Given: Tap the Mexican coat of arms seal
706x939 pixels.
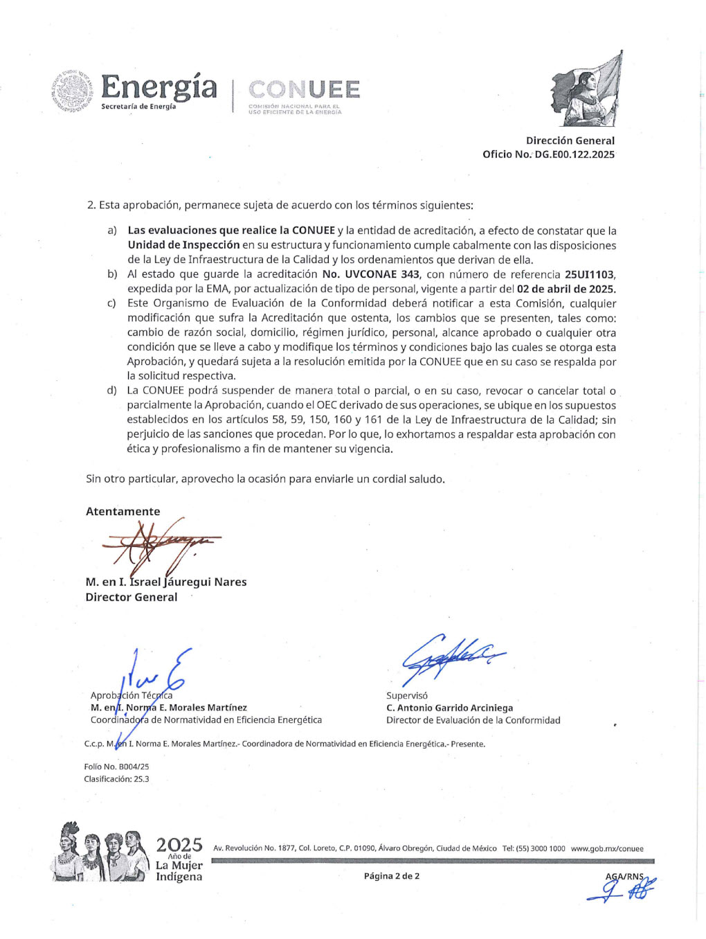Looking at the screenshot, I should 72,91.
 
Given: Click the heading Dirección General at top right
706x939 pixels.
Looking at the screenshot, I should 570,141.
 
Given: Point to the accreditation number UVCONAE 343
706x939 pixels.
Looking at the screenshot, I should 371,274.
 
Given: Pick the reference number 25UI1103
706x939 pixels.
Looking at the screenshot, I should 590,274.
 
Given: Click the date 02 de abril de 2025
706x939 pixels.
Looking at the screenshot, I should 566,289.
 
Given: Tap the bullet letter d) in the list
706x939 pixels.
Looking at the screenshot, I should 111,391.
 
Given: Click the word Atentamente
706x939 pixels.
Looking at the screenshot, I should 123,511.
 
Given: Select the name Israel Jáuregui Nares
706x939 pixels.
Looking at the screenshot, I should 188,582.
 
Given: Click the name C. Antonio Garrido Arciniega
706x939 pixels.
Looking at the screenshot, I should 449,708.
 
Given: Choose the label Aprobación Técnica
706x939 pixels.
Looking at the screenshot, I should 132,695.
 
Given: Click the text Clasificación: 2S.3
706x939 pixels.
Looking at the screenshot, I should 116,779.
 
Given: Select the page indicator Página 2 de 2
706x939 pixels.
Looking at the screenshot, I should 391,876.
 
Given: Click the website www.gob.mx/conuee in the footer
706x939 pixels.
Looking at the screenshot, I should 607,848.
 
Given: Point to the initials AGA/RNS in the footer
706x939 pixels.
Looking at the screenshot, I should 624,876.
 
